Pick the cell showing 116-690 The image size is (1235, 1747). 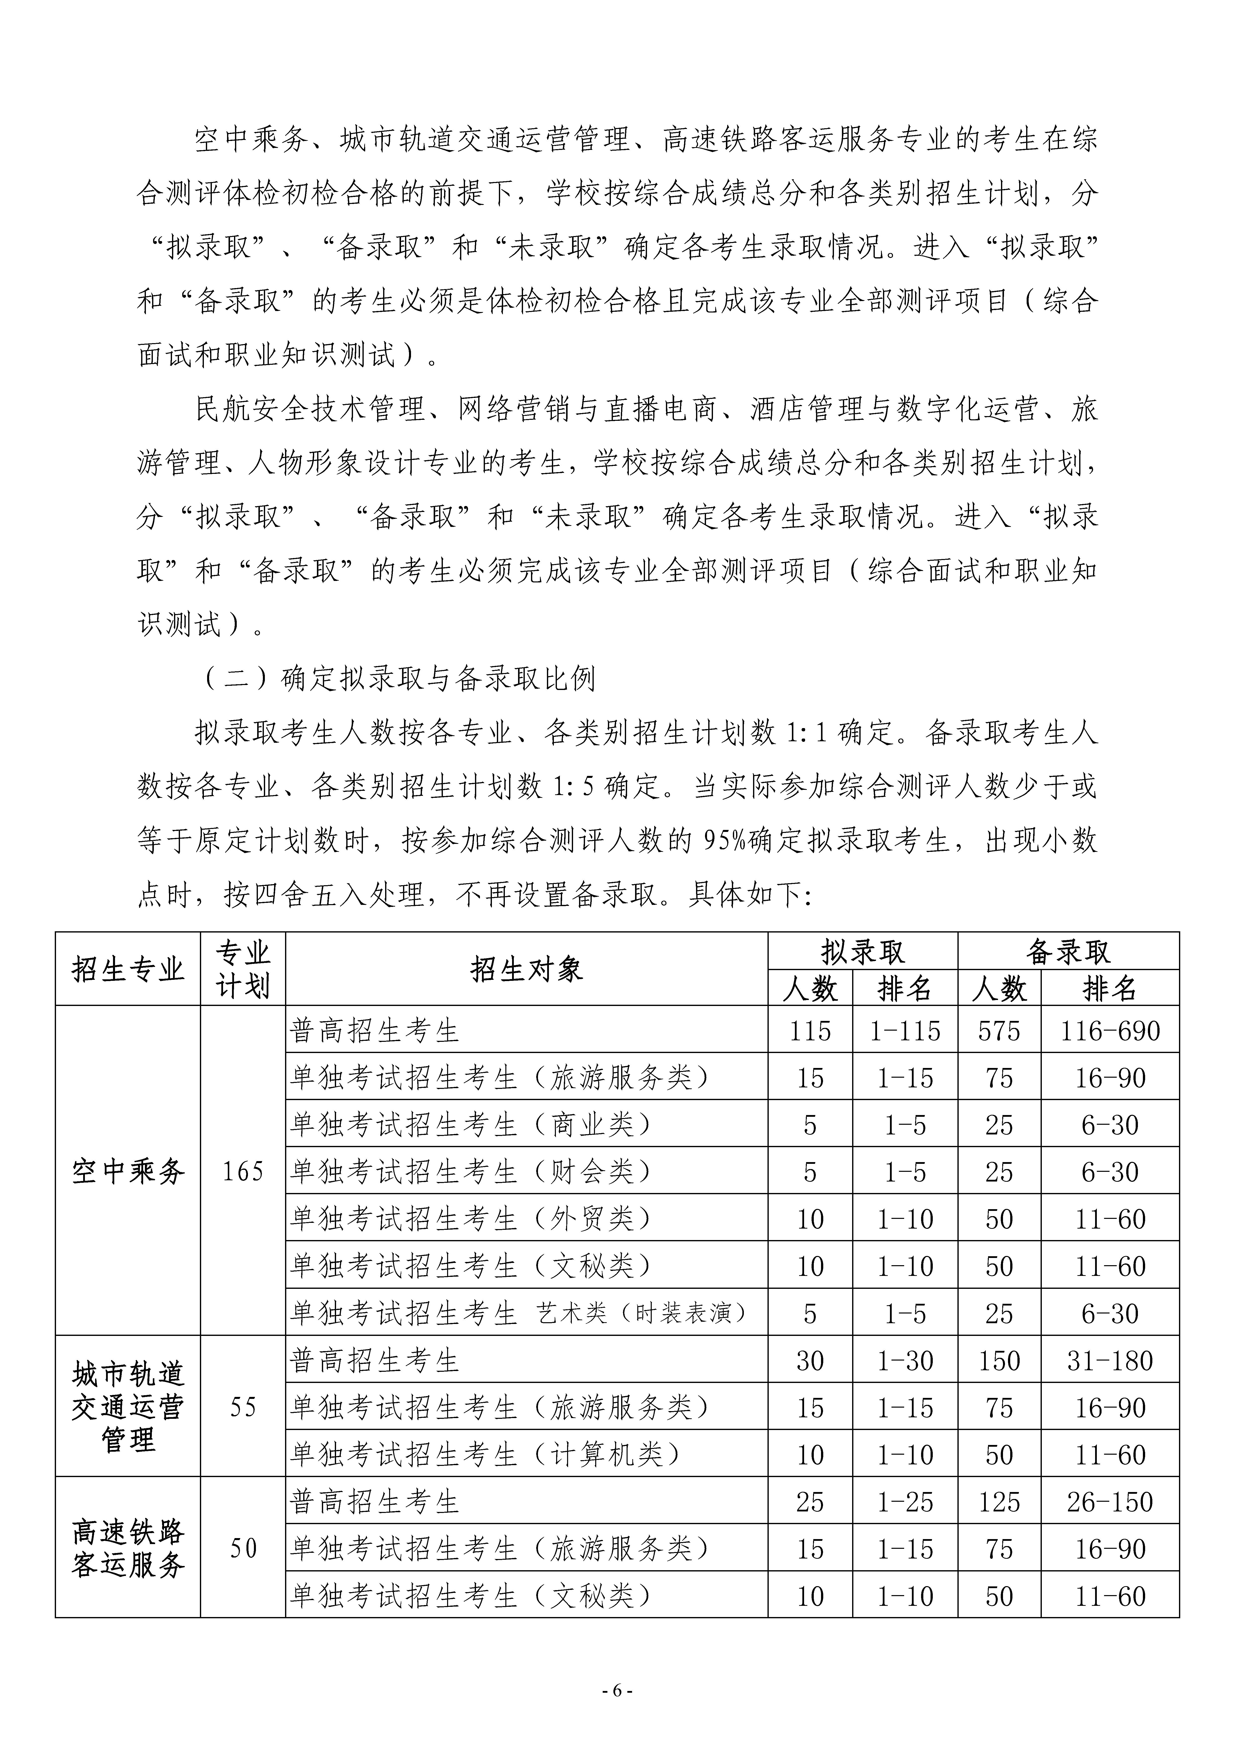point(1110,1031)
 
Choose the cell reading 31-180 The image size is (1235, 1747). point(1110,1361)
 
